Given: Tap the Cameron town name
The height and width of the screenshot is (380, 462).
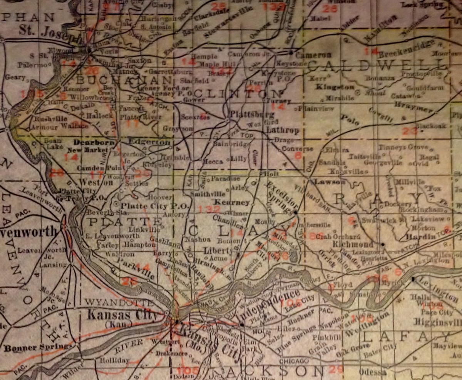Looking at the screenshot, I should click(313, 55).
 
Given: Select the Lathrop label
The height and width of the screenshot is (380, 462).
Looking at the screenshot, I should click(283, 130).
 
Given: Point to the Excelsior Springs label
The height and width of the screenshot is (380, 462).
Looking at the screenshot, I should click(278, 197).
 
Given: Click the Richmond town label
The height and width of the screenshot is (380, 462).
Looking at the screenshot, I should click(354, 245).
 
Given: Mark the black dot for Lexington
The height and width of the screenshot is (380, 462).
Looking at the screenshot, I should click(413, 278).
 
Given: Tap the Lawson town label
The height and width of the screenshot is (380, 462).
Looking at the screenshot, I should click(324, 182).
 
